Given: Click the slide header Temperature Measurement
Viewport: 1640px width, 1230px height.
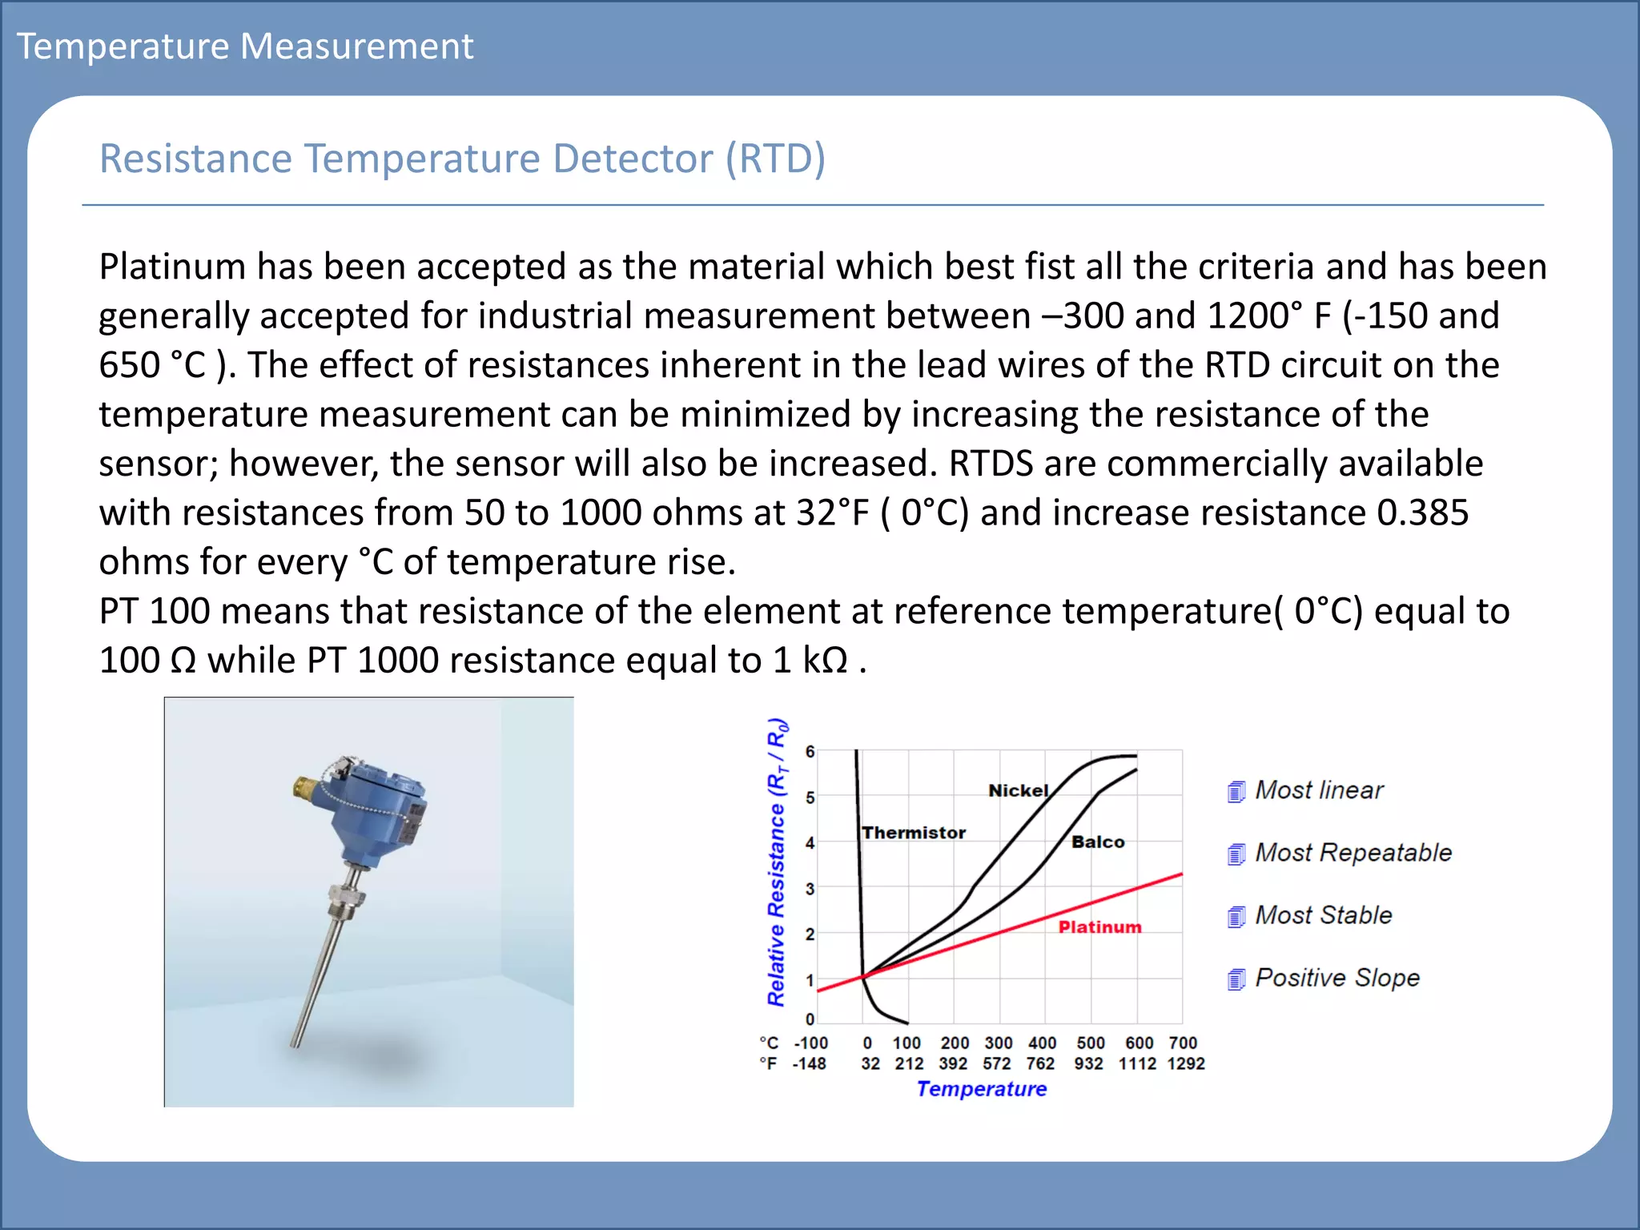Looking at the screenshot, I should [245, 46].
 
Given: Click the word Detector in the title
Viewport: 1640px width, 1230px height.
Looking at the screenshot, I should [632, 159].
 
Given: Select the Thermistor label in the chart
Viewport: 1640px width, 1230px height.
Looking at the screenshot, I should [914, 833].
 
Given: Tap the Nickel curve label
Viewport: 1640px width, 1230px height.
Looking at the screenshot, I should [1018, 790].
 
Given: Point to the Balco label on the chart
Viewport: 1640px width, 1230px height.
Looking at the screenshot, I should [1098, 842].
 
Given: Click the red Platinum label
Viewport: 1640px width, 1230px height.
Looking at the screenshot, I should [1099, 927].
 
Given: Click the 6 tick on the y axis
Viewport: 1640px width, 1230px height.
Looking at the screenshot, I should [810, 751].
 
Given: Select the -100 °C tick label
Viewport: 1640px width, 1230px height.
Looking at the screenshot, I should [810, 1043].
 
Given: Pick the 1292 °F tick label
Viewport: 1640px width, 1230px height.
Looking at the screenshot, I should [1185, 1063].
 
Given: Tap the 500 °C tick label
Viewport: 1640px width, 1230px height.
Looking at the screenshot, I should [1090, 1043].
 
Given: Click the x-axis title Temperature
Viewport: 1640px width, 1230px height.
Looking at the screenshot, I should [981, 1089].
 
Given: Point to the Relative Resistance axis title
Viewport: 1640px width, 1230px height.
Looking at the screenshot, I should [776, 862].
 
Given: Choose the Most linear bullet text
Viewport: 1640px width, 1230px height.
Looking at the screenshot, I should [1318, 790].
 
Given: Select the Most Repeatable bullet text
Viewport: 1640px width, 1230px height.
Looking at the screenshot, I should [1353, 853].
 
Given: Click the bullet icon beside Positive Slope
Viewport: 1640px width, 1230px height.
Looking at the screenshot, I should [1236, 979].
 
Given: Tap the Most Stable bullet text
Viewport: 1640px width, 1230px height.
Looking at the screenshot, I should [1323, 915].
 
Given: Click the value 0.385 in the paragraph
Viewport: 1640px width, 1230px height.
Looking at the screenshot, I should [1422, 512].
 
